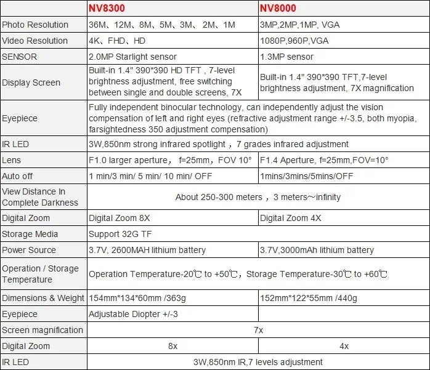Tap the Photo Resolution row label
pos(35,25)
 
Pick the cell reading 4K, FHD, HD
pos(118,41)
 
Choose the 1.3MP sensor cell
pos(286,57)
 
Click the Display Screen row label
pos(31,82)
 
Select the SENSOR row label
pos(20,57)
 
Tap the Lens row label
pos(12,160)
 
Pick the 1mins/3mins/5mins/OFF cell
pos(307,176)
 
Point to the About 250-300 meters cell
pos(258,197)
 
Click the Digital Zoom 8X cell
pos(120,218)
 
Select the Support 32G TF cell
pos(120,234)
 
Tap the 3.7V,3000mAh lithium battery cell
pos(317,250)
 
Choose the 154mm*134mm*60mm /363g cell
pos(146,298)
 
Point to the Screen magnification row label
pos(43,330)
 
